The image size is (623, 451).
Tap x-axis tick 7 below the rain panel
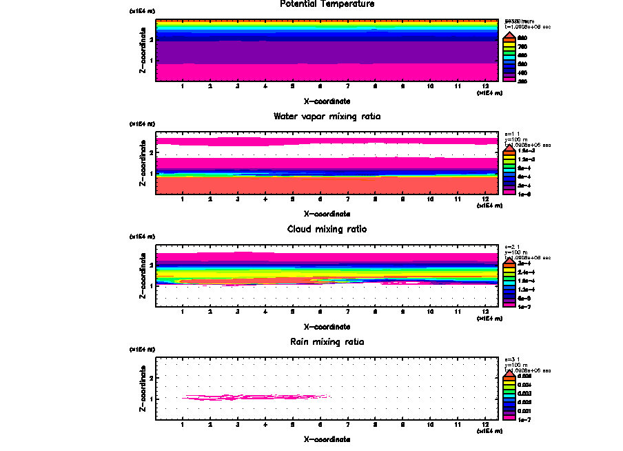tap(348, 426)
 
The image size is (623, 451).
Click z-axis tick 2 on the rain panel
tap(151, 378)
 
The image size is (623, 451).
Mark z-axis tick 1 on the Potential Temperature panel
tap(151, 61)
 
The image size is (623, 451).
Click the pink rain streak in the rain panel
tap(255, 397)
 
